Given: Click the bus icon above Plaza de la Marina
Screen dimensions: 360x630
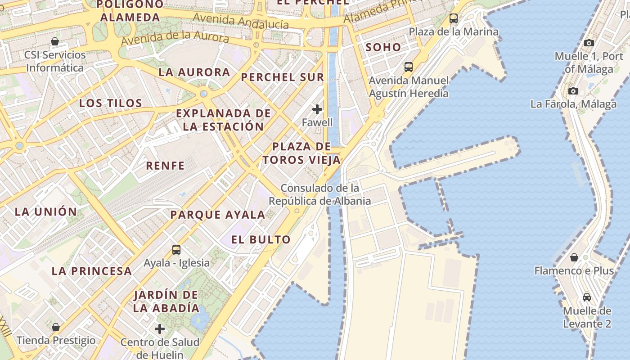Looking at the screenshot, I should (454, 18).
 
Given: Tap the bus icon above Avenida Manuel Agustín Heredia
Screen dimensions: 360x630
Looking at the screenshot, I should (409, 67).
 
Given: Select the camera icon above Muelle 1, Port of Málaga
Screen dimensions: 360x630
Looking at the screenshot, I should (589, 43).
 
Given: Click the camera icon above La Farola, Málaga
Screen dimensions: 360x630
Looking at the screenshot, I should (573, 91).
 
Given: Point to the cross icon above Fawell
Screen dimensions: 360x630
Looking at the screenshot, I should (317, 109).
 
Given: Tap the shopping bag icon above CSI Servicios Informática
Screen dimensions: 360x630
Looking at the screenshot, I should (55, 42).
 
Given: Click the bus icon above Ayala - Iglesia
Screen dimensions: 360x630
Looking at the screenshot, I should (176, 249).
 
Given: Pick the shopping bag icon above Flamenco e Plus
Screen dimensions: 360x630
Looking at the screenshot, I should (574, 257).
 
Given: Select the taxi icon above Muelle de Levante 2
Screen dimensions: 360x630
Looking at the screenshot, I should (587, 297).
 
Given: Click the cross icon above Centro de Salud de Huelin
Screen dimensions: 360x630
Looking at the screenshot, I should (160, 329).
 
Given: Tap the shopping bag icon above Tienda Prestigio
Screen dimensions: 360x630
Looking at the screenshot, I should (56, 327).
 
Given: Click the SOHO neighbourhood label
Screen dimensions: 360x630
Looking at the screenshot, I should (383, 47).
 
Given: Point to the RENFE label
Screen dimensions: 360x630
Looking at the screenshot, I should (165, 166).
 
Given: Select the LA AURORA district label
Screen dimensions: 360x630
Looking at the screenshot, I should (194, 72).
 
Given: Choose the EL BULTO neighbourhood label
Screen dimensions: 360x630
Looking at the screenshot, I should (261, 239).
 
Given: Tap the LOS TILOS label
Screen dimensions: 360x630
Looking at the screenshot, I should (111, 103).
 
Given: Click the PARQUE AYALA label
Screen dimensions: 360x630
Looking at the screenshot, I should (218, 215).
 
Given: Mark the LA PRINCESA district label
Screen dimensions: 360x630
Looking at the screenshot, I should (92, 271).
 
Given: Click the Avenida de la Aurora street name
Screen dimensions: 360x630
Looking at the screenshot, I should (175, 38).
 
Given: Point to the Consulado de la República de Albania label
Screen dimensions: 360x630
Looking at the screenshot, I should (320, 194).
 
